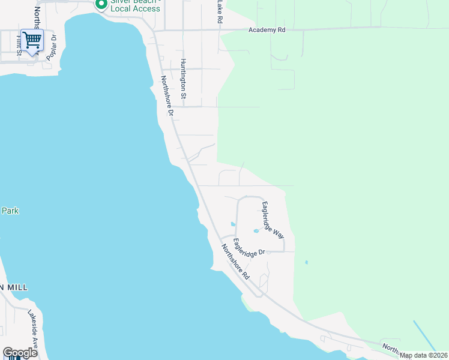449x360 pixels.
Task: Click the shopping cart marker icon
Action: click(x=32, y=40)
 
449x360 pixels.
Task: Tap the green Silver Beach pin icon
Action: click(x=101, y=4)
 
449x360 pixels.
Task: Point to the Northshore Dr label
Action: click(x=166, y=96)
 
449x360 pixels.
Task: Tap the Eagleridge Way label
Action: click(x=273, y=220)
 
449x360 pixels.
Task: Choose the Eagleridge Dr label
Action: click(x=249, y=247)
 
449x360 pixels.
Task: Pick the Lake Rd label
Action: click(x=220, y=11)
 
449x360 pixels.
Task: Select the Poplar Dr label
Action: click(x=53, y=44)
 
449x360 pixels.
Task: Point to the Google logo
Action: click(x=20, y=353)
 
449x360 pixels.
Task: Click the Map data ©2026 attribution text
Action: click(x=424, y=355)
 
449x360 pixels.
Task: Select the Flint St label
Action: click(x=19, y=46)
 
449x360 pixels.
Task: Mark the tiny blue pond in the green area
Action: click(x=306, y=262)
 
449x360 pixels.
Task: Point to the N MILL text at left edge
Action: click(x=14, y=287)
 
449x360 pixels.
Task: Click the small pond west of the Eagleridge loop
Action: click(x=233, y=224)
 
